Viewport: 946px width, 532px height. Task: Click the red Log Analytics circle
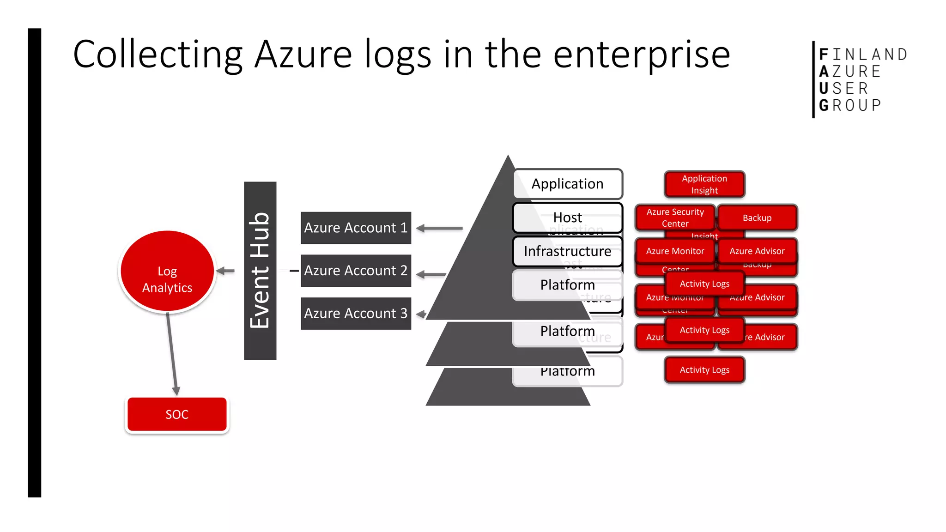pyautogui.click(x=167, y=272)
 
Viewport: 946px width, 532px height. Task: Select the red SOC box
pyautogui.click(x=177, y=414)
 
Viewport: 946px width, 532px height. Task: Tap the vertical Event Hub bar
pyautogui.click(x=260, y=271)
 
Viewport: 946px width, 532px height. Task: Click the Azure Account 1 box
pyautogui.click(x=356, y=228)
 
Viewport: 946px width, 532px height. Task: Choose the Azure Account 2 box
pyautogui.click(x=356, y=271)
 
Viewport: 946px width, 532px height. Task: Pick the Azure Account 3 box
pyautogui.click(x=356, y=314)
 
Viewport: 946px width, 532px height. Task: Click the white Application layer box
pyautogui.click(x=567, y=184)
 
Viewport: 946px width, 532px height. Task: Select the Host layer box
pyautogui.click(x=567, y=217)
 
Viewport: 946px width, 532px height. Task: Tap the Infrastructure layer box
pyautogui.click(x=567, y=251)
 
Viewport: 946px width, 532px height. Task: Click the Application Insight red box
pyautogui.click(x=704, y=184)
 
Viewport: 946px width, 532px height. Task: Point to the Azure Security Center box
pyautogui.click(x=675, y=218)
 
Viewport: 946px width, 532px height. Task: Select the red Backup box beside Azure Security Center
pyautogui.click(x=757, y=218)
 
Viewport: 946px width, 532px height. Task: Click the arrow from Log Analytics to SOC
pyautogui.click(x=172, y=353)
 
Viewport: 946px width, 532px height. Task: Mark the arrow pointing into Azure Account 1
pyautogui.click(x=439, y=228)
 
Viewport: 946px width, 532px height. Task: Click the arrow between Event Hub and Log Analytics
pyautogui.click(x=225, y=271)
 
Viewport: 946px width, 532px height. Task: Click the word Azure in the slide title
pyautogui.click(x=303, y=54)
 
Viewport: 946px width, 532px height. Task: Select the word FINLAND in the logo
pyautogui.click(x=863, y=54)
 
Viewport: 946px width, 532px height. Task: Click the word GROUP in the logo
pyautogui.click(x=850, y=105)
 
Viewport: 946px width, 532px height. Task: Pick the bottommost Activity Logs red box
pyautogui.click(x=704, y=370)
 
